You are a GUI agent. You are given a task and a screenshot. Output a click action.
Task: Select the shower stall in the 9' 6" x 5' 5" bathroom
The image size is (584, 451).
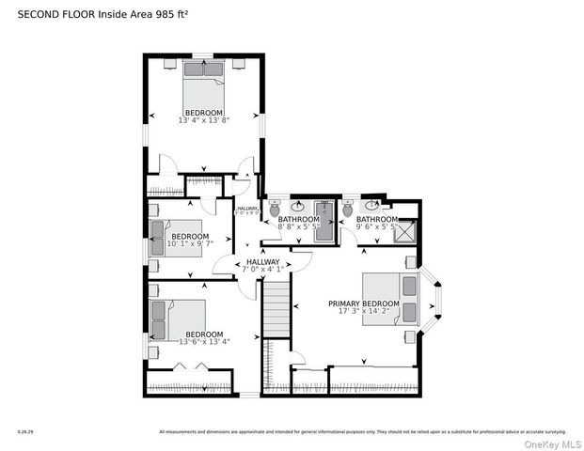[x=405, y=231]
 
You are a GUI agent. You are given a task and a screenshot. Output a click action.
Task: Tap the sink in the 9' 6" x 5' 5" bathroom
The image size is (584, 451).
[x=374, y=206]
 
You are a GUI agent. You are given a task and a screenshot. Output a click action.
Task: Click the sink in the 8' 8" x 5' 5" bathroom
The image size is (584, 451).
[x=299, y=206]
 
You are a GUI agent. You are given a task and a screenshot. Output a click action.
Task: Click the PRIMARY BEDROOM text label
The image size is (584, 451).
[x=364, y=303]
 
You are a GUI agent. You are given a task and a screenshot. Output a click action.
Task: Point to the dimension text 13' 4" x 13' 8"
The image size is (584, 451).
[x=204, y=120]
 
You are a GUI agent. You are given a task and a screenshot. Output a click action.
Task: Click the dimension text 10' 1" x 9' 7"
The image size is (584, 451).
[x=191, y=243]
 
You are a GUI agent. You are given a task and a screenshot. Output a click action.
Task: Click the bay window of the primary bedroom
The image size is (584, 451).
[x=434, y=300]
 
